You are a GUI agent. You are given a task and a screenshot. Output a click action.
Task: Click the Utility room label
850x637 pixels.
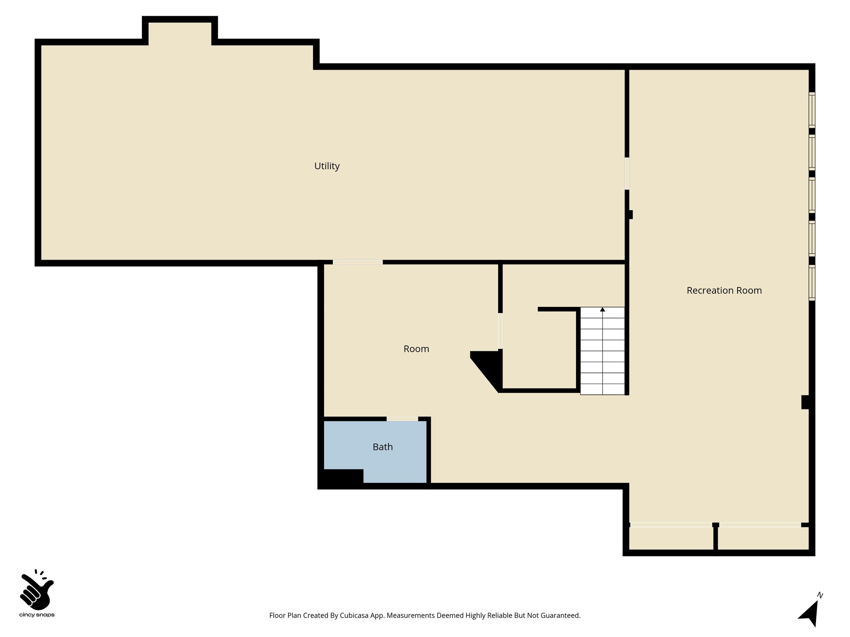coord(327,166)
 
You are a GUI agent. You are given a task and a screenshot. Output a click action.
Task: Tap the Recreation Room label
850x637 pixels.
coord(724,290)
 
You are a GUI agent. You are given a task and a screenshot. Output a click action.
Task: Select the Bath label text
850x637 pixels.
coord(382,447)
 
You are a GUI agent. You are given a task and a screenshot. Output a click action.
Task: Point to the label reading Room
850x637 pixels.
coord(416,349)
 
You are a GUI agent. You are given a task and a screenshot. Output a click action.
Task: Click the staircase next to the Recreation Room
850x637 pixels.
coord(602,353)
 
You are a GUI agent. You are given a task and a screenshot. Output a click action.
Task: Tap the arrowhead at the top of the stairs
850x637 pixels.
coord(602,309)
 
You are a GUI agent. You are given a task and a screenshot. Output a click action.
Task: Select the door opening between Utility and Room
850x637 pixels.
coord(357,262)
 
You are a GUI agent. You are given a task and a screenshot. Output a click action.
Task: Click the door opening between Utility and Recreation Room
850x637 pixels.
coord(627,173)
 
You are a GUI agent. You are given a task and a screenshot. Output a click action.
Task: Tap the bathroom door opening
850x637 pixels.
coord(402,419)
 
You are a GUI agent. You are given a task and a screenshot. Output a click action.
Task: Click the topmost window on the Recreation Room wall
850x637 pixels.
coord(812,109)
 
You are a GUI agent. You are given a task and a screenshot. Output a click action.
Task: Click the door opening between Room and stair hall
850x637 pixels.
coord(500,331)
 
